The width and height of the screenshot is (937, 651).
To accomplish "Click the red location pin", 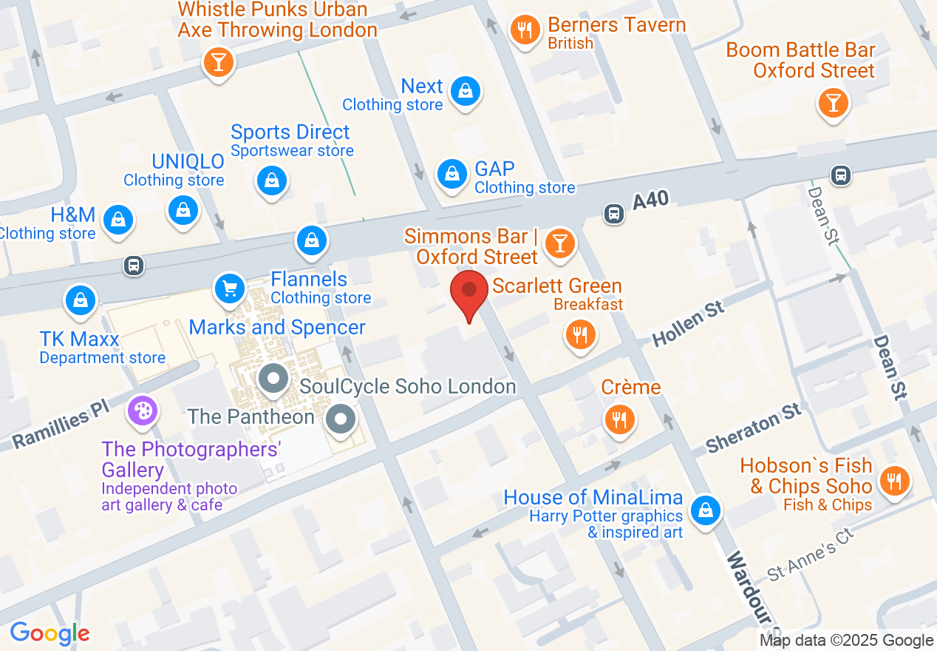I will click(x=468, y=290).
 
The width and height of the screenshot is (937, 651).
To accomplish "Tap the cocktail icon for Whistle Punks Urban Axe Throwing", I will click(x=218, y=61).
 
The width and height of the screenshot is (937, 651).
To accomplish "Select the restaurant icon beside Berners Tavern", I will click(x=525, y=30).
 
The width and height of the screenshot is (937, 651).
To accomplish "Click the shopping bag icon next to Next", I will click(x=465, y=92).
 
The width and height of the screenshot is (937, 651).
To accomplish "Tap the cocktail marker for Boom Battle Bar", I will click(x=834, y=103).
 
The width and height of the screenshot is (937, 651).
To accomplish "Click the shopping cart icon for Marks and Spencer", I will click(x=229, y=289).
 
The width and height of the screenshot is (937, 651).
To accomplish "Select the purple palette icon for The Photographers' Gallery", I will click(x=142, y=411).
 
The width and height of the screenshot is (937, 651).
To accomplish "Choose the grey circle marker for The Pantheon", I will click(x=341, y=418).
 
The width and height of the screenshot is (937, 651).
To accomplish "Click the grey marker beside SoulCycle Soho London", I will click(x=273, y=380).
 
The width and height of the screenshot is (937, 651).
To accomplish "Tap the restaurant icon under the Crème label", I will click(x=619, y=419).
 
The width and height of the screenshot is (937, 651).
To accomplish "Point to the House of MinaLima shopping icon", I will click(x=706, y=510).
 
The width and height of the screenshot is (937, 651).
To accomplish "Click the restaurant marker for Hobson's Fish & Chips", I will click(x=894, y=482).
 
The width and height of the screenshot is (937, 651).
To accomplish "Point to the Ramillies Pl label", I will click(x=61, y=428).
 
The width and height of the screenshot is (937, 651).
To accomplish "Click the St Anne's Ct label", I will click(x=810, y=554).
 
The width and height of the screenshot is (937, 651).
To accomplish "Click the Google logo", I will click(x=50, y=633).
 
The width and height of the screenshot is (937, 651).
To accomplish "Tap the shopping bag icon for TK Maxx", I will click(x=81, y=300).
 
